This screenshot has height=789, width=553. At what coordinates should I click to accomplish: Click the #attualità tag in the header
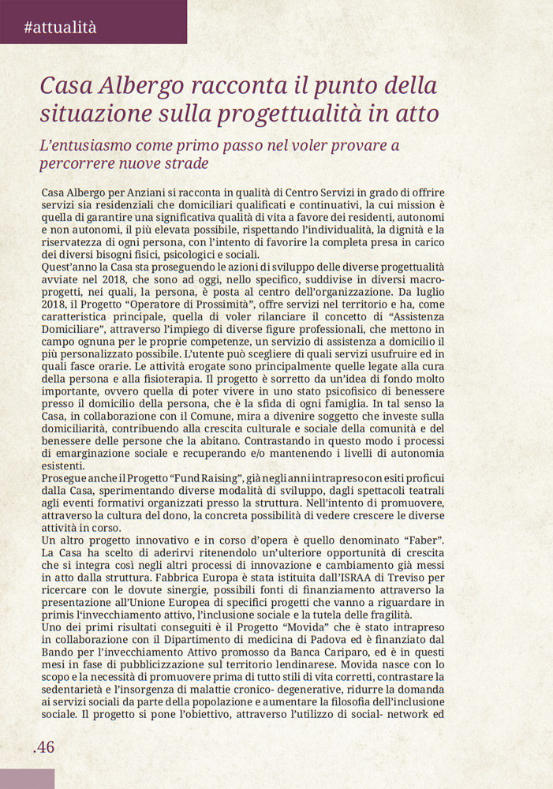[x=60, y=28]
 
